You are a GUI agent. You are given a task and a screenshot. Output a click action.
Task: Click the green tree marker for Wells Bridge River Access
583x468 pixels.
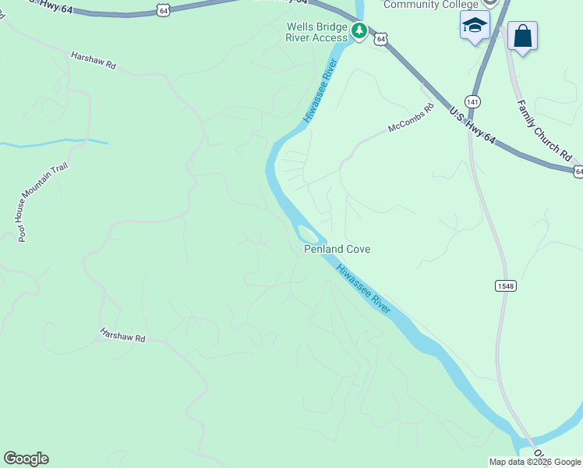359,30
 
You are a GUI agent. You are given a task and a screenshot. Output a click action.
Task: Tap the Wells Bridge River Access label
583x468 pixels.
316,32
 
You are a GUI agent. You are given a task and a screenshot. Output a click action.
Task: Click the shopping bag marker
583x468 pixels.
522,36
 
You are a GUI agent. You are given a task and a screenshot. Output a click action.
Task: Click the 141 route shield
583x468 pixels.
473,101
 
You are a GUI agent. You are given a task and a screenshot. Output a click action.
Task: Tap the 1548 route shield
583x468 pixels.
505,286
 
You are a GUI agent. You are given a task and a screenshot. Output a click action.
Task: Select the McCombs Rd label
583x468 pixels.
411,119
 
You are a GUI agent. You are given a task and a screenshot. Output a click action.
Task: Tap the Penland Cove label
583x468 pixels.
337,250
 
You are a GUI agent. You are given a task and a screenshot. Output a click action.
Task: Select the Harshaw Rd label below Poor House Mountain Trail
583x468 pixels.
122,335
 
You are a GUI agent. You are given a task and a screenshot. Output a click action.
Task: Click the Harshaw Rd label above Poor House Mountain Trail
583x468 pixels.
93,61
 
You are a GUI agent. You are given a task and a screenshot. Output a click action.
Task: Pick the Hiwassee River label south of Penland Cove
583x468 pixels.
363,288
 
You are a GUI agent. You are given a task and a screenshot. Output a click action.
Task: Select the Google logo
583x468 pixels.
26,459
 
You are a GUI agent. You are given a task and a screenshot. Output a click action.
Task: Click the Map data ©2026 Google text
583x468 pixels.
534,462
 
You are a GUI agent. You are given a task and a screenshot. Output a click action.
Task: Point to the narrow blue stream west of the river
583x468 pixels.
55,143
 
